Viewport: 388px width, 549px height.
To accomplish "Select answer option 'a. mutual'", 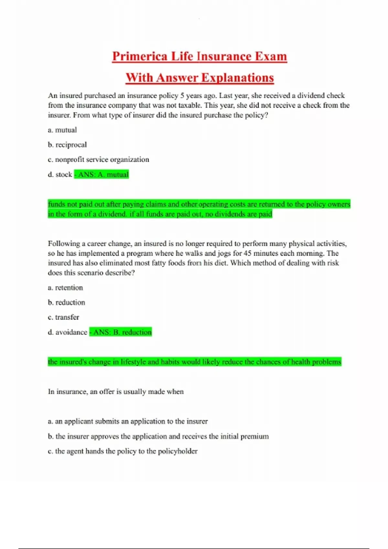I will tap(62, 130).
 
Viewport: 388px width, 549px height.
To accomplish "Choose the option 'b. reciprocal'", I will tap(67, 145).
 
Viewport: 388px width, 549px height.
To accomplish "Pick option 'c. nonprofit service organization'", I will tap(99, 160).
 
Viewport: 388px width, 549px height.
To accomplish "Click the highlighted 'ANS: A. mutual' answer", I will tap(102, 175).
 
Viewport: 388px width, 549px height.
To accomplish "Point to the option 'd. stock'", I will tap(60, 175).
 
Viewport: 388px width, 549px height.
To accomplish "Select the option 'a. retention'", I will tap(65, 288).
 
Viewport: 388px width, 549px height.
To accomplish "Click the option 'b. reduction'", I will tap(67, 303).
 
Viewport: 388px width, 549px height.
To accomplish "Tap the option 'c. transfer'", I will tap(63, 317).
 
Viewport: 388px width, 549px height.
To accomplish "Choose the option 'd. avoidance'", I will tap(68, 332).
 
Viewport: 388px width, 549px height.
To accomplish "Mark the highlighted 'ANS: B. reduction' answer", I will tap(121, 332).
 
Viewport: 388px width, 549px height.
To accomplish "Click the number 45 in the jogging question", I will tap(248, 254).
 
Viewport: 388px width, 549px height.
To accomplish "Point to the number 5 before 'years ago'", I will tap(182, 96).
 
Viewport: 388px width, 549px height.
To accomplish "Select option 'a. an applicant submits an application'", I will tap(128, 421).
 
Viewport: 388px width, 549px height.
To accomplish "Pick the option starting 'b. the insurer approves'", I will tap(158, 437).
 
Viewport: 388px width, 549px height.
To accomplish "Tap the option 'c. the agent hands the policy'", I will tap(123, 451).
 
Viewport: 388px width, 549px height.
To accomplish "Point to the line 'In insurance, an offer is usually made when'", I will tap(116, 392).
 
